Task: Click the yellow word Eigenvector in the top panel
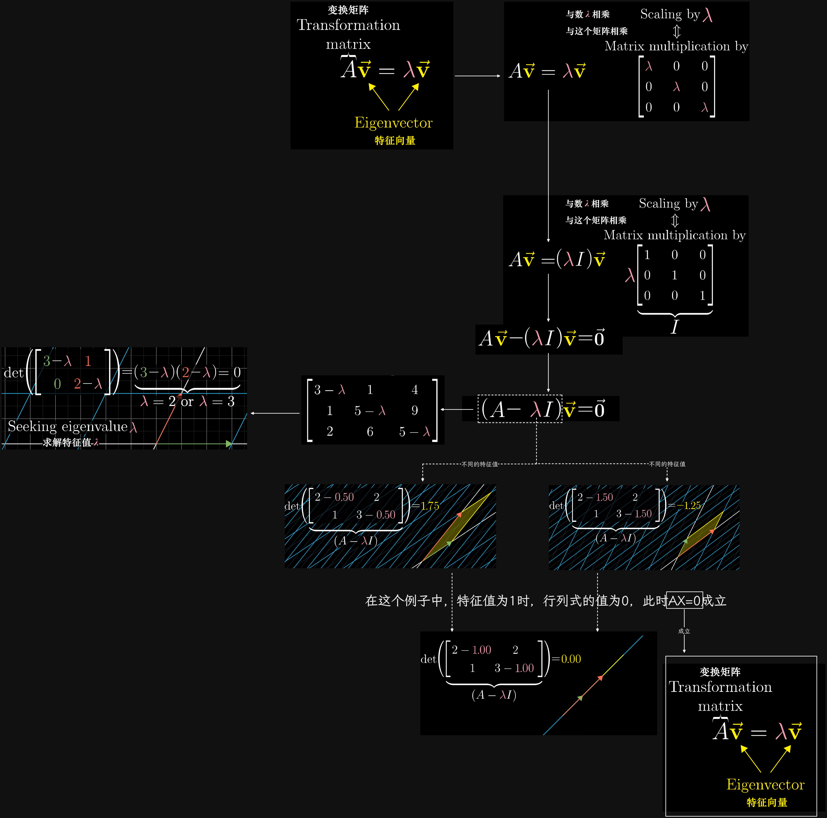pyautogui.click(x=393, y=123)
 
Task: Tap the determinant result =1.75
pyautogui.click(x=426, y=506)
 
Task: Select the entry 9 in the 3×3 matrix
pyautogui.click(x=414, y=410)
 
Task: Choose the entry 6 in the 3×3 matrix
pyautogui.click(x=370, y=431)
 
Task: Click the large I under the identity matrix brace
pyautogui.click(x=675, y=327)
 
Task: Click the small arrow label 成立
pyautogui.click(x=684, y=631)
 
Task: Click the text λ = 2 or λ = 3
pyautogui.click(x=187, y=402)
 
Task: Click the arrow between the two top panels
pyautogui.click(x=478, y=76)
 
